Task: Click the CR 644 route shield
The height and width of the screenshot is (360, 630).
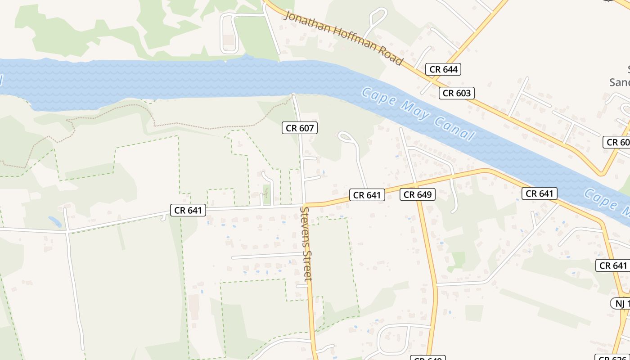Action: tap(443, 69)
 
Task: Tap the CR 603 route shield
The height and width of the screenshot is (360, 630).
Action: tap(456, 93)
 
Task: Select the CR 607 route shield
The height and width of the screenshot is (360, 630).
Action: tap(300, 128)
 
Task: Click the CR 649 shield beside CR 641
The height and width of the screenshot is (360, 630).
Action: tap(418, 194)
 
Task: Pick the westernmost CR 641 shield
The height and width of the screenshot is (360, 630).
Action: tap(188, 210)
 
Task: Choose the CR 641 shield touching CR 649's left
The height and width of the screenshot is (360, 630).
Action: tap(367, 195)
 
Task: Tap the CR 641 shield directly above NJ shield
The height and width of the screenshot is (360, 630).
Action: tap(613, 265)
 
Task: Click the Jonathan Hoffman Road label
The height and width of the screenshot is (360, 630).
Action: tap(343, 38)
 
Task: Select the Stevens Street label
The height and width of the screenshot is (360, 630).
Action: tap(307, 243)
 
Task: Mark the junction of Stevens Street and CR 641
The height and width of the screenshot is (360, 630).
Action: tap(304, 205)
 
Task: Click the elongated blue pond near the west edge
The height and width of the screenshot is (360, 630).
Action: tap(55, 222)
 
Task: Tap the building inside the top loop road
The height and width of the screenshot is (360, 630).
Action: tap(229, 40)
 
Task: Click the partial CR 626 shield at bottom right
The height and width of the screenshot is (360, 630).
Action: tap(612, 358)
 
